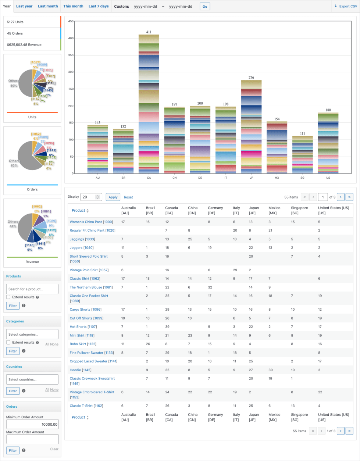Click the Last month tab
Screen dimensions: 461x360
(x=48, y=6)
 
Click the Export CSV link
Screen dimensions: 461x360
(x=346, y=6)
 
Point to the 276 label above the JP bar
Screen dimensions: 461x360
(x=251, y=78)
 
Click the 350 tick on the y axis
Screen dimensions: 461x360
(x=71, y=55)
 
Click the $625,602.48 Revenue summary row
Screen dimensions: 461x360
(x=32, y=44)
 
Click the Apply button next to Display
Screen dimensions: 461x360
(x=113, y=197)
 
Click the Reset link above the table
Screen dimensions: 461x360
(x=128, y=197)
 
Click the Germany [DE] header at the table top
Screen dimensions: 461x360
(x=215, y=210)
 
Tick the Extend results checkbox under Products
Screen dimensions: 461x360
(x=8, y=297)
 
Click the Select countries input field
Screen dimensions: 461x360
(x=32, y=379)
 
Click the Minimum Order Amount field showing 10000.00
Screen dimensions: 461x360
(x=32, y=424)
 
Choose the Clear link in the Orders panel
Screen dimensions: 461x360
(x=54, y=449)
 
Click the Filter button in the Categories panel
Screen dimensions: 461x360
(x=13, y=351)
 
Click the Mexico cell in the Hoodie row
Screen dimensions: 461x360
(x=271, y=370)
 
